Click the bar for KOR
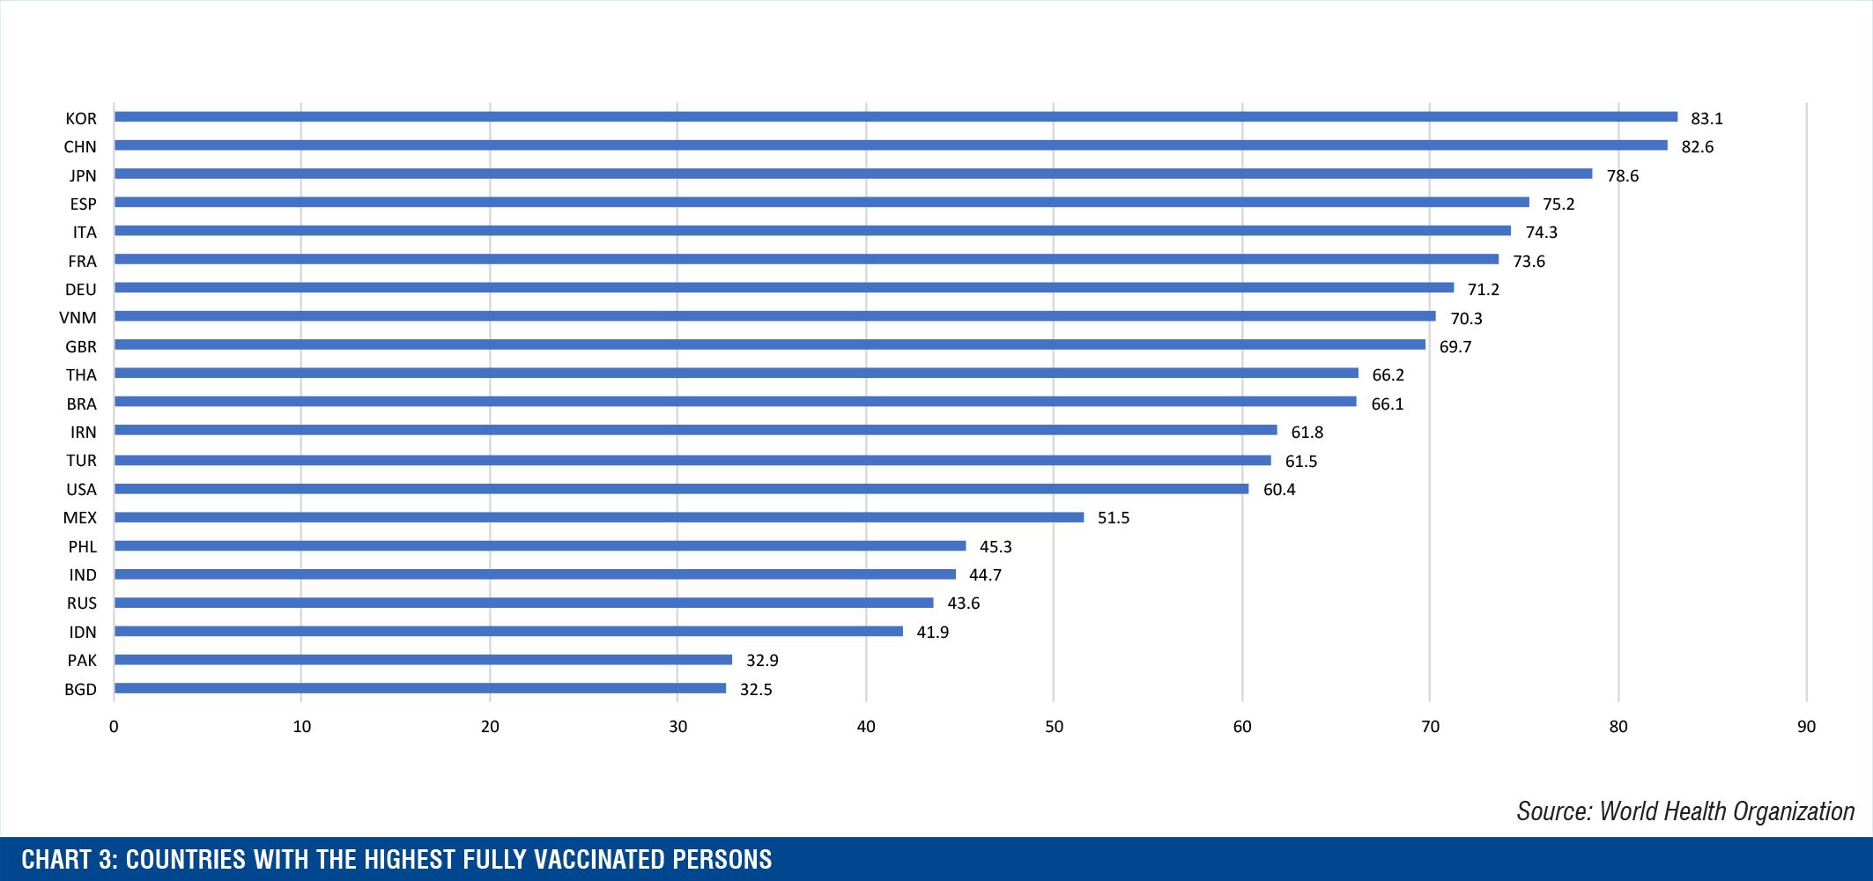[895, 117]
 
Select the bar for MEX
[599, 517]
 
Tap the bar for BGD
[420, 688]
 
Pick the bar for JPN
[853, 174]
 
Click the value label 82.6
[1697, 146]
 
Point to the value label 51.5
[1113, 518]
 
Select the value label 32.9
[762, 660]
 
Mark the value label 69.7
[1455, 347]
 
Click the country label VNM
[78, 318]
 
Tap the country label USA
[81, 489]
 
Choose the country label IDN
[83, 632]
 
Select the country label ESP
[83, 204]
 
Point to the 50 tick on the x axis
[1054, 727]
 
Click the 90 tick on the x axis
[1806, 727]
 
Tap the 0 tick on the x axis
[114, 727]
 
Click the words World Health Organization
[1726, 811]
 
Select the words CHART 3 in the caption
[70, 859]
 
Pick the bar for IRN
[695, 430]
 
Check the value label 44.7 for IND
[985, 574]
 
